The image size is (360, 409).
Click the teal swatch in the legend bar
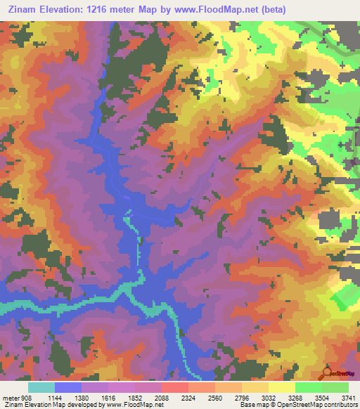(x=41, y=387)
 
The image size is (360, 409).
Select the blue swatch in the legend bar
(x=68, y=387)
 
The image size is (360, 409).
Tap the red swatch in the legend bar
(x=175, y=387)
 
